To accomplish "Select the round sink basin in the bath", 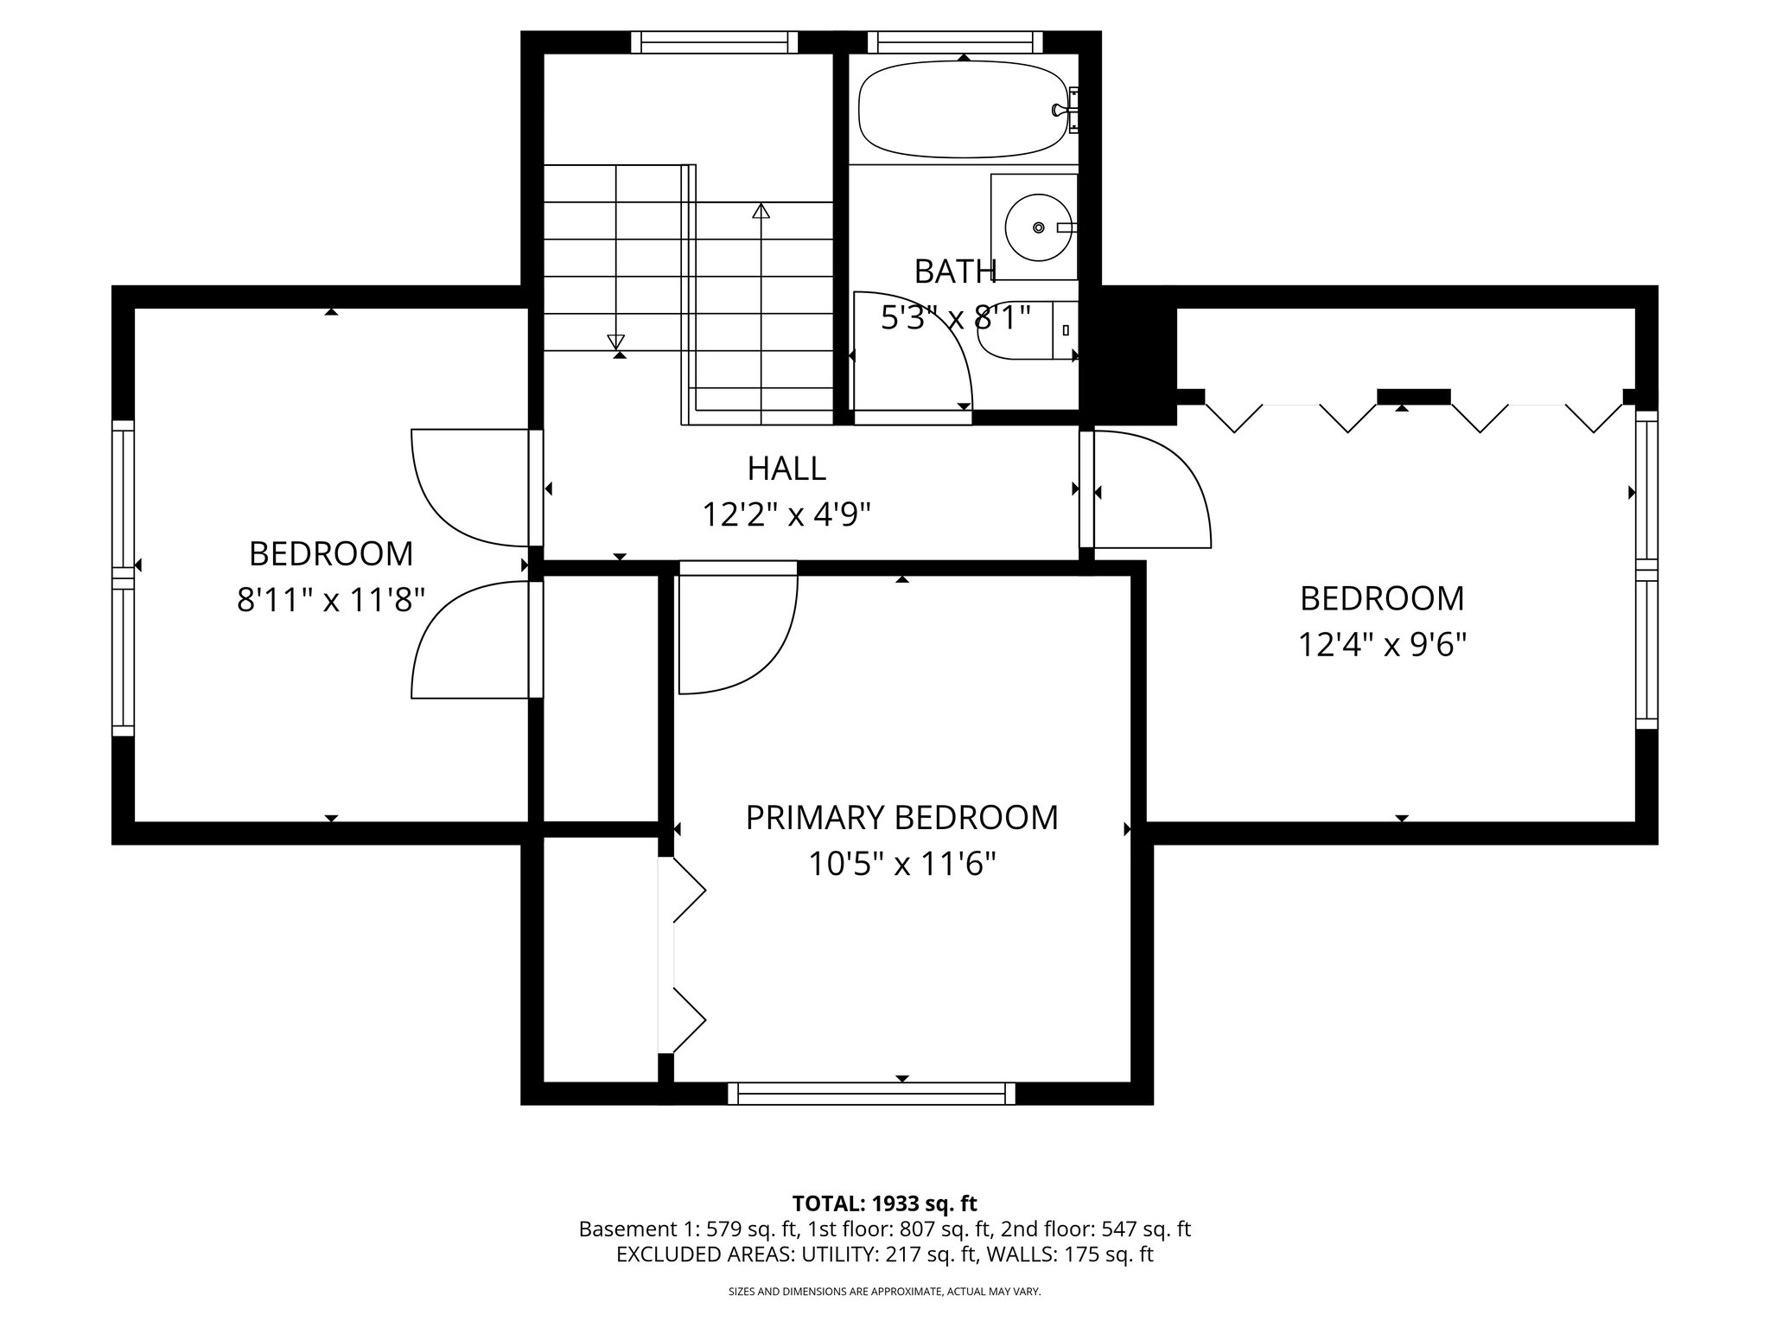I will [x=1039, y=227].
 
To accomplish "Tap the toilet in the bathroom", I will [x=1024, y=331].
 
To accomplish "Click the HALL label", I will [x=786, y=469].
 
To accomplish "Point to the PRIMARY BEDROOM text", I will [x=901, y=818].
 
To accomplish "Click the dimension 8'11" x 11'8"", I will [x=331, y=599].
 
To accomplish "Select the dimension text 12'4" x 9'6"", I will [x=1382, y=644].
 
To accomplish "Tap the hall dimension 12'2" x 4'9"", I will [x=786, y=515].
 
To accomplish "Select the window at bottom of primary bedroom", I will [x=871, y=1094].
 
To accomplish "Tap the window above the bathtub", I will [x=954, y=41].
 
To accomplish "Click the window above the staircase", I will [x=714, y=41].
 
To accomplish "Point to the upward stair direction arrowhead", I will [x=761, y=210].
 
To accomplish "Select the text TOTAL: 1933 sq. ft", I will [x=884, y=1203].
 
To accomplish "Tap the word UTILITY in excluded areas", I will [x=838, y=1255].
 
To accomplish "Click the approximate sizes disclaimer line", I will [x=884, y=1292].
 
